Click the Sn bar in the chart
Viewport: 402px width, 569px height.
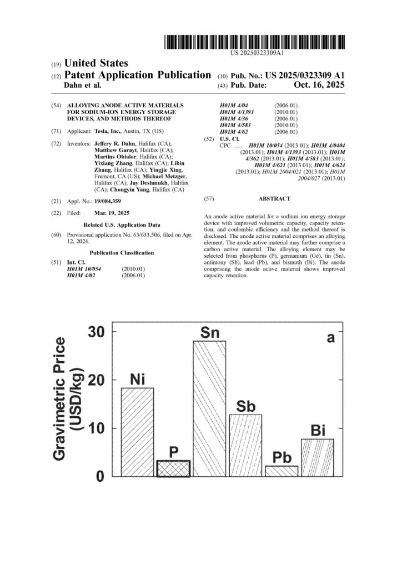pyautogui.click(x=209, y=408)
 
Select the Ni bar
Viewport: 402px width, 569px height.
pyautogui.click(x=137, y=432)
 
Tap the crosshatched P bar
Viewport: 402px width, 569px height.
pyautogui.click(x=173, y=468)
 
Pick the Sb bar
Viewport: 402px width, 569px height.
pyautogui.click(x=245, y=445)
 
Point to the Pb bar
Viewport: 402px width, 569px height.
pyautogui.click(x=282, y=471)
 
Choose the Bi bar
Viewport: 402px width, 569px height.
pyautogui.click(x=318, y=457)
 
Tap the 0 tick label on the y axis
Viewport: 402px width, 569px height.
pyautogui.click(x=100, y=477)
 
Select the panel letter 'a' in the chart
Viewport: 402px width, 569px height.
pyautogui.click(x=331, y=337)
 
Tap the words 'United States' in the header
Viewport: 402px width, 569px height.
pyautogui.click(x=97, y=63)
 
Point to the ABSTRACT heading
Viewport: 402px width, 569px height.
pyautogui.click(x=274, y=198)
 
